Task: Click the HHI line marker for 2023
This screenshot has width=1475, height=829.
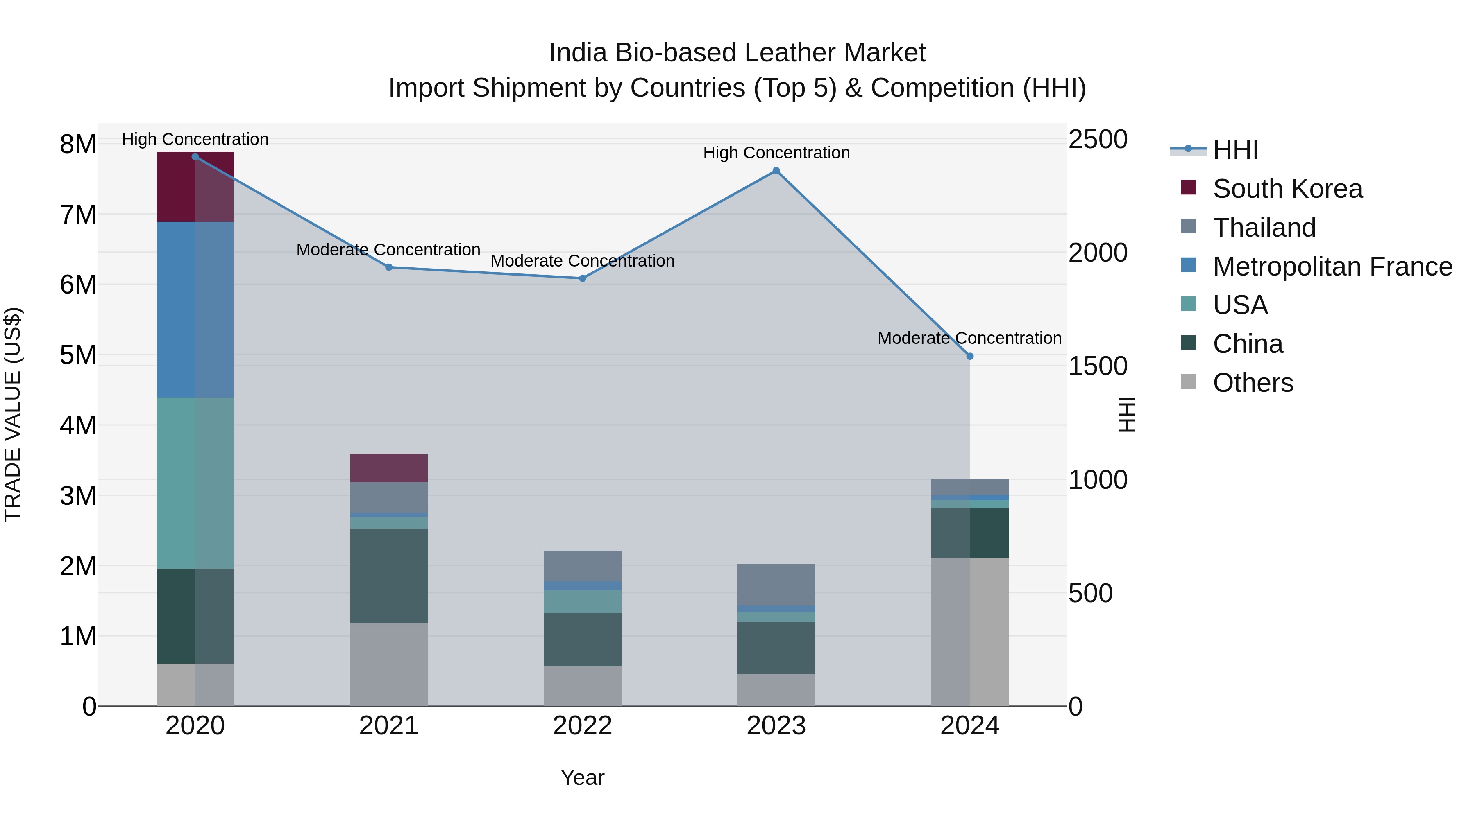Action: click(x=776, y=170)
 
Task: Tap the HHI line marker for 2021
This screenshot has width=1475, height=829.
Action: click(x=389, y=267)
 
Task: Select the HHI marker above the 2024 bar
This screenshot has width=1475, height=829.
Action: click(x=969, y=357)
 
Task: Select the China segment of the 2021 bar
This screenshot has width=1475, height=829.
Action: click(x=389, y=575)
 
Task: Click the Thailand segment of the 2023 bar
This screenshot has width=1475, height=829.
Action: click(x=776, y=584)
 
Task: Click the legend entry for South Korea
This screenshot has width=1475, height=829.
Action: click(x=1287, y=189)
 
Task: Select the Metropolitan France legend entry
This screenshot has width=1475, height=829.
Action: click(x=1332, y=267)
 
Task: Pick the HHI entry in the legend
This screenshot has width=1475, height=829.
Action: click(x=1235, y=150)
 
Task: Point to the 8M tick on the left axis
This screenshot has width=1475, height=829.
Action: click(x=78, y=144)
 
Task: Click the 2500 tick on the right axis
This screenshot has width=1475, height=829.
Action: click(x=1098, y=140)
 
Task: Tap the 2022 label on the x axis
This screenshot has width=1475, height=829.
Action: click(x=582, y=726)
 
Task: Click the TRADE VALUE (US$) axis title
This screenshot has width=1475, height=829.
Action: click(x=13, y=414)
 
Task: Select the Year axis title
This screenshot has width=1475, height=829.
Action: click(x=582, y=777)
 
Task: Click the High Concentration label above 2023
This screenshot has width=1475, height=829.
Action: click(x=776, y=153)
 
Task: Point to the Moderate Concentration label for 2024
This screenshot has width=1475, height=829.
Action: click(x=969, y=338)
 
